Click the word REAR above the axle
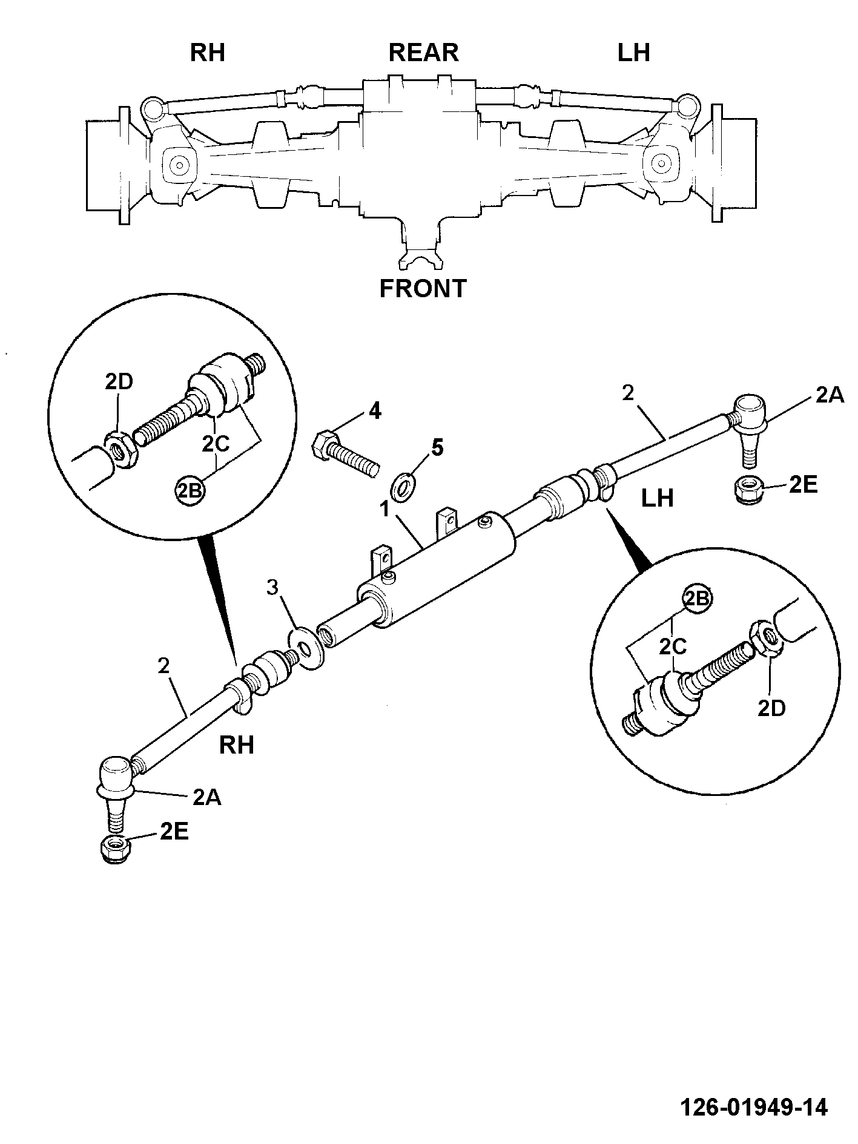(423, 53)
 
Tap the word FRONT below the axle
(423, 288)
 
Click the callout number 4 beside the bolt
(375, 412)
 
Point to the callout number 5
(437, 448)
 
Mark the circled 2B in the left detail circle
(190, 489)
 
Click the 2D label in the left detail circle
(119, 382)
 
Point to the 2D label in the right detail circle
(771, 708)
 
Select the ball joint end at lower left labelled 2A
(117, 792)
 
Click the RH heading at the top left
(208, 53)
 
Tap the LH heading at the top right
(634, 53)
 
